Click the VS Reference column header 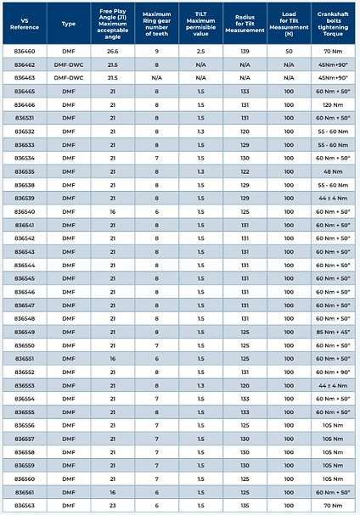click(24, 24)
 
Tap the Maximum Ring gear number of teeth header click(158, 24)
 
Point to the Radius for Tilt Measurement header click(245, 24)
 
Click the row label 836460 click(24, 51)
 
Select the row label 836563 click(24, 505)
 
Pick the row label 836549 click(24, 332)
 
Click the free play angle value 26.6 click(112, 51)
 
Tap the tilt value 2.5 click(200, 51)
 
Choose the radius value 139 click(245, 51)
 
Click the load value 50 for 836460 click(289, 51)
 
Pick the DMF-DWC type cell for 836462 click(70, 64)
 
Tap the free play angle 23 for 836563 click(112, 505)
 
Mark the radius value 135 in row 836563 click(245, 505)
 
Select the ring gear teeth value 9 click(158, 51)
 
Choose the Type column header click(70, 24)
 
